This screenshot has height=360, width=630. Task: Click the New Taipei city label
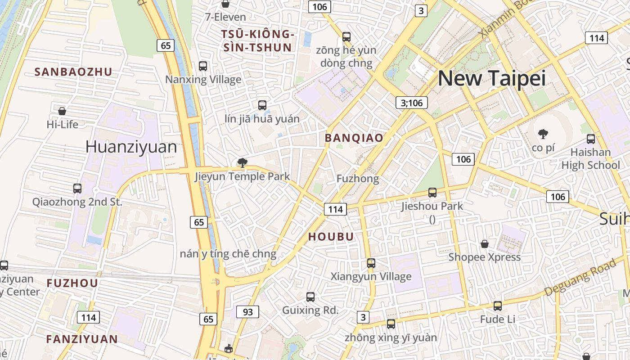(491, 78)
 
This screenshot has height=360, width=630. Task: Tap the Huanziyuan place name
(131, 147)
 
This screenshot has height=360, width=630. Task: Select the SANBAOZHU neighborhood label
(73, 72)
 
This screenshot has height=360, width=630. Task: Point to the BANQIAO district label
(354, 138)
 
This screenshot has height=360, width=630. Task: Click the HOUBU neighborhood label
(331, 237)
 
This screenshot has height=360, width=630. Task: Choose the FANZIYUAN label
(82, 339)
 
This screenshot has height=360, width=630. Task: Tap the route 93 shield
(247, 312)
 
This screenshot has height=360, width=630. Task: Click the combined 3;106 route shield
(411, 103)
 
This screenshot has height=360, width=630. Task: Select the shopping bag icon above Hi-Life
(62, 111)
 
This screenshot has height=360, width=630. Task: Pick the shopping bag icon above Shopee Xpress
(485, 244)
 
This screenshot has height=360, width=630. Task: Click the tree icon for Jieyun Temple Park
(243, 162)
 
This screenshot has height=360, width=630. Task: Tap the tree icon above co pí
(543, 134)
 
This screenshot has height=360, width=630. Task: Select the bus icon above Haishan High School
(590, 139)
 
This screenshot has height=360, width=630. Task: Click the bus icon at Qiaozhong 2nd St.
(77, 188)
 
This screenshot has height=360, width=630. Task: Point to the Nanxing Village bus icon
(203, 66)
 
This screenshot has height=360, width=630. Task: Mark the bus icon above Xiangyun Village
(371, 263)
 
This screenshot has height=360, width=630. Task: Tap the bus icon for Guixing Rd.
(310, 297)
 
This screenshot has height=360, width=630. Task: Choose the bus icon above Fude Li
(497, 306)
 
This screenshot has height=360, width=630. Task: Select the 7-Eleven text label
(225, 18)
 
